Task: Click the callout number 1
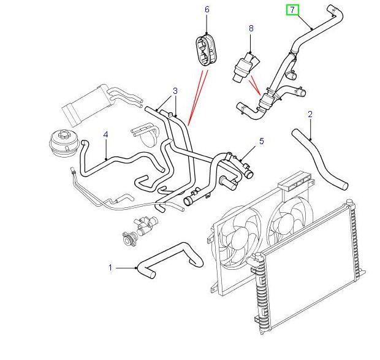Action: click(111, 267)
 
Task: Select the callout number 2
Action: click(310, 114)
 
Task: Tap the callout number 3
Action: click(175, 91)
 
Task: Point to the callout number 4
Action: click(105, 134)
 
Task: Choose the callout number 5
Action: click(261, 142)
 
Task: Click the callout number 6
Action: click(207, 10)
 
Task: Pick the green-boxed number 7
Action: click(293, 10)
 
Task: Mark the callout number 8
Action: click(251, 28)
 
